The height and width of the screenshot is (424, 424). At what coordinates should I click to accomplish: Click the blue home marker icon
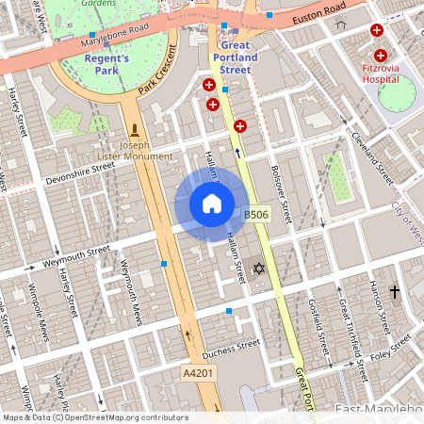click(x=212, y=203)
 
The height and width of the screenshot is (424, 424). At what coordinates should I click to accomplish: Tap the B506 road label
click(x=256, y=216)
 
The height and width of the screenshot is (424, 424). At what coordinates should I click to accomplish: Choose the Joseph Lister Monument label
click(x=135, y=151)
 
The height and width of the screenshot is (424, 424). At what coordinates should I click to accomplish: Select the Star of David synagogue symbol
click(x=258, y=269)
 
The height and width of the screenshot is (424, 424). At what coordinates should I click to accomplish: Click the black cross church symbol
click(x=394, y=292)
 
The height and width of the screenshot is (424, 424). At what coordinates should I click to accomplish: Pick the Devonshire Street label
click(x=80, y=171)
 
